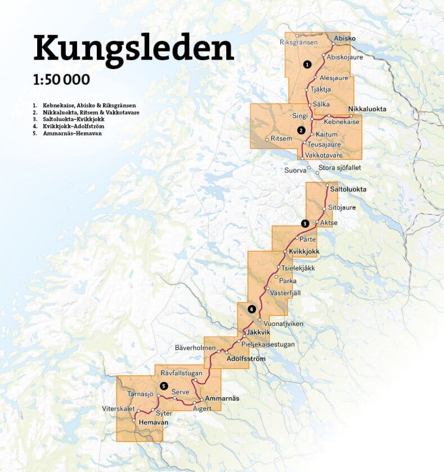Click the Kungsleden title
[133, 48]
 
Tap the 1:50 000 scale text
[61, 79]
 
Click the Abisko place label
[345, 38]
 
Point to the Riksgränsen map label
[299, 42]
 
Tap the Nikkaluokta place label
[366, 108]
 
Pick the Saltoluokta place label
[348, 189]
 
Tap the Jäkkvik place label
[256, 332]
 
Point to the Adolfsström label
[245, 358]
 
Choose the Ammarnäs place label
[222, 398]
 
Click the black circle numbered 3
[304, 224]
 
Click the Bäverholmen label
[195, 348]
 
